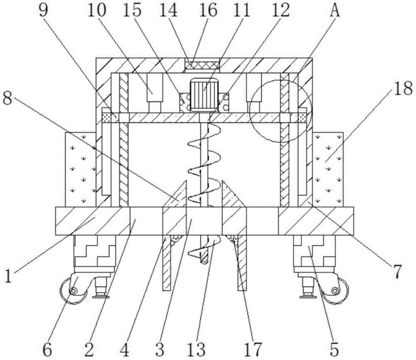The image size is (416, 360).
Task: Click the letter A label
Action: tap(335, 10)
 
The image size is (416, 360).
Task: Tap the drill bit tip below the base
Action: tap(203, 258)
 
